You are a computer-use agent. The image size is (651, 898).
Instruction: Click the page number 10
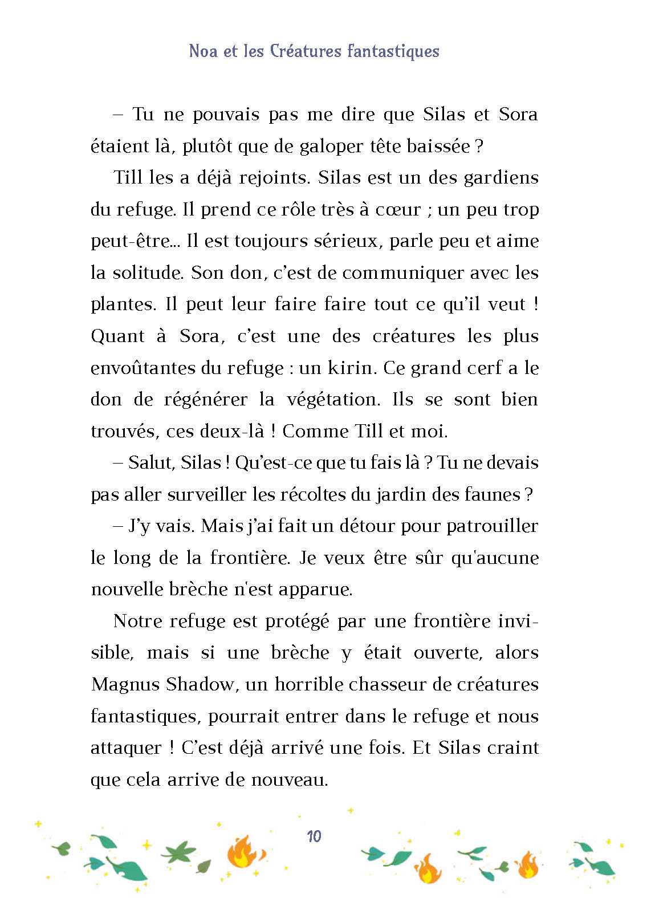tap(314, 836)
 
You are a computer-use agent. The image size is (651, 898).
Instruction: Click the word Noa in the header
tap(203, 51)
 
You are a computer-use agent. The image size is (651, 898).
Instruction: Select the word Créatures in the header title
tap(305, 51)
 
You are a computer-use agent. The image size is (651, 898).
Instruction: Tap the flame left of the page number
tap(244, 852)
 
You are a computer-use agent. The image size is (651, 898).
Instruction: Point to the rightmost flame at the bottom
tap(528, 865)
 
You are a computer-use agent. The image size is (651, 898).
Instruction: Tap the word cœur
tap(398, 210)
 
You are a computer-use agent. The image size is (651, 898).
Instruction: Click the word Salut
tap(151, 462)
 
